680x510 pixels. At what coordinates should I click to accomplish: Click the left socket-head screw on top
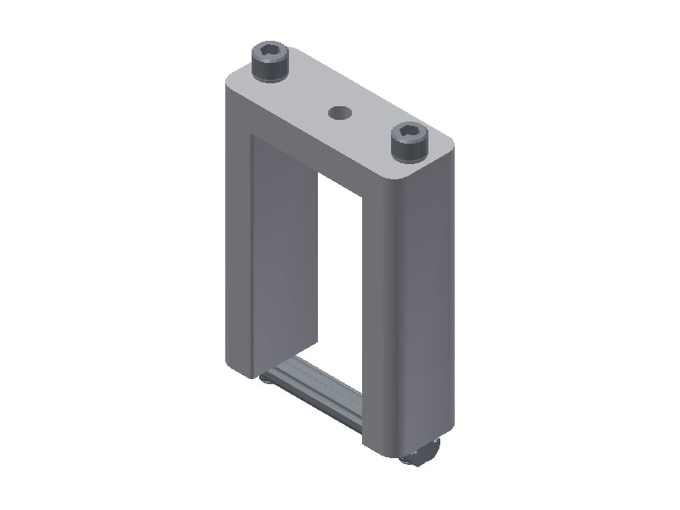270,64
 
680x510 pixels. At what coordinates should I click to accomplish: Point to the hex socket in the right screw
408,132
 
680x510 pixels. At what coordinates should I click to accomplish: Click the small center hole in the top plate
341,112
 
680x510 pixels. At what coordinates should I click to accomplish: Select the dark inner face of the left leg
283,255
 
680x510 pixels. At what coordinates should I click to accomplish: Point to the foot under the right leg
422,457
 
